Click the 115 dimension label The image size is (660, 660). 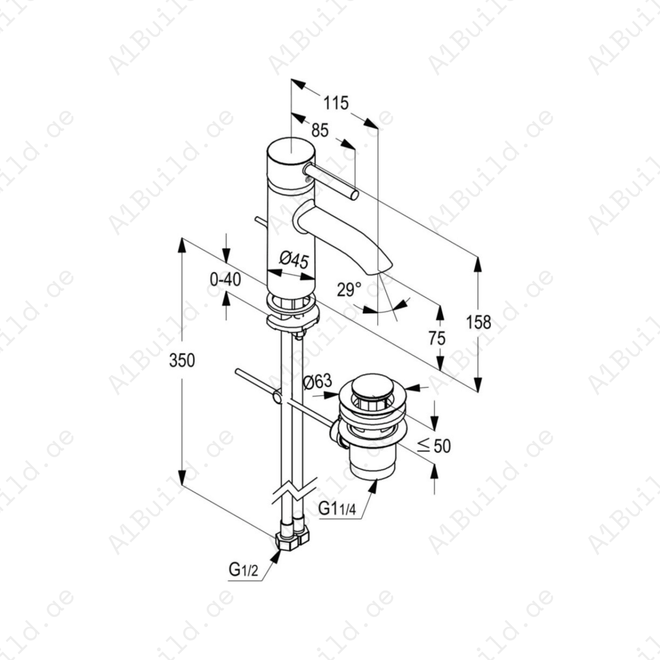[335, 103]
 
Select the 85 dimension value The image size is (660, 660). [320, 130]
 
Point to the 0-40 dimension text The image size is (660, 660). [225, 280]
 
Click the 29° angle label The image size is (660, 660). [349, 290]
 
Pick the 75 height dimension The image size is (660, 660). [437, 338]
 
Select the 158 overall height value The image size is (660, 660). [478, 323]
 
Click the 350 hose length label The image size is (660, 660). [182, 360]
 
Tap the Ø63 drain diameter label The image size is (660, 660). [318, 382]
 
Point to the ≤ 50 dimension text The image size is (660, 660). [434, 446]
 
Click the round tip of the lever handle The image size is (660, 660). [354, 195]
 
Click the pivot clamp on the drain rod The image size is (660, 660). [278, 397]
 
